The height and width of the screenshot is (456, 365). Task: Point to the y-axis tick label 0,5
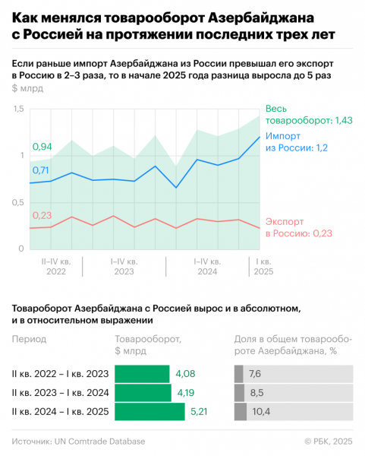(x=18, y=202)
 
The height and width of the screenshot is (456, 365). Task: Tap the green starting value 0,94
(x=42, y=147)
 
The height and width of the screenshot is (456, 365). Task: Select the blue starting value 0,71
(x=41, y=170)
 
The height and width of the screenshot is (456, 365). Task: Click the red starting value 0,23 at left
(x=42, y=215)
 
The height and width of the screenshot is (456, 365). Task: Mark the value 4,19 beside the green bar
(x=186, y=393)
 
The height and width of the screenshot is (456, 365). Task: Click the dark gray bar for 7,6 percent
(x=239, y=374)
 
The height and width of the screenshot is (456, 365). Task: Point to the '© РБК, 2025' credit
(x=329, y=441)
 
